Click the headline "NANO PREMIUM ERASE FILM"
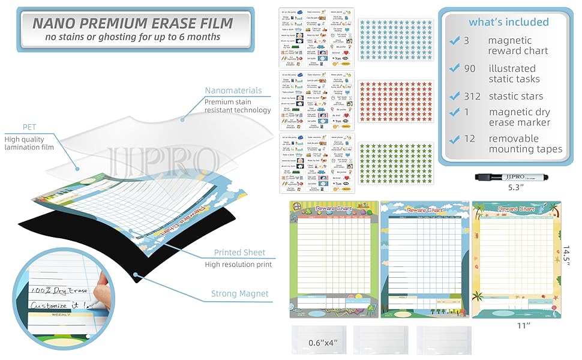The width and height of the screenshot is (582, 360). [x=133, y=23]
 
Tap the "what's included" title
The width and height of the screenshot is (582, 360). [x=509, y=22]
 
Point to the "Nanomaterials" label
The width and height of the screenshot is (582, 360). [x=233, y=91]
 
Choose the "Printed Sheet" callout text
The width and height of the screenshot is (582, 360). [x=239, y=253]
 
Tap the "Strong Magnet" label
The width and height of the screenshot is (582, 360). [x=239, y=294]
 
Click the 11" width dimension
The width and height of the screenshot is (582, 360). [x=524, y=325]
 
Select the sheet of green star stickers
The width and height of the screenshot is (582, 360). [x=395, y=162]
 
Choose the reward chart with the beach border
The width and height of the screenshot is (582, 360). [x=516, y=259]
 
